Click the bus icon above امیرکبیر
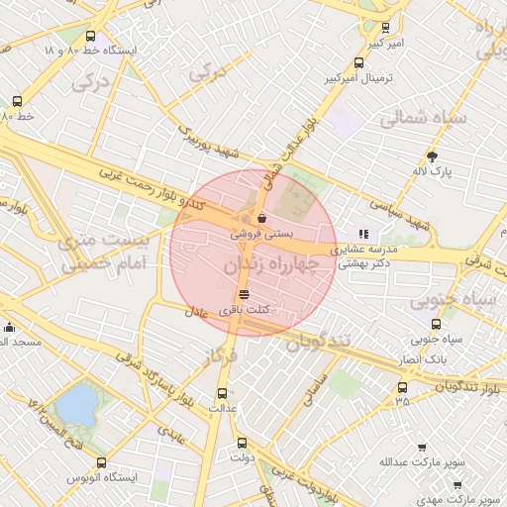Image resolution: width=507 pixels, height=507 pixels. pos(385,28)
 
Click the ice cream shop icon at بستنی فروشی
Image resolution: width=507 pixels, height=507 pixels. pos(262,218)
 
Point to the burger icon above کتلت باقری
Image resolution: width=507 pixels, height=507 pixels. pos(244,295)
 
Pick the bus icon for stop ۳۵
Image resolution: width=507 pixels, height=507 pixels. pos(402,386)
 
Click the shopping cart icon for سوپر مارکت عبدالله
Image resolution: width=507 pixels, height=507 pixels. pos(421,448)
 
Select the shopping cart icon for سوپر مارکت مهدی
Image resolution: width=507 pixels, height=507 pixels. pos(456,484)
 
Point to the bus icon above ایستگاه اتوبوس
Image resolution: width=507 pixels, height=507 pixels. pos(101,462)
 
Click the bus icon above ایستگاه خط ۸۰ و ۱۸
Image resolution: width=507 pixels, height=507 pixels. pos(91,36)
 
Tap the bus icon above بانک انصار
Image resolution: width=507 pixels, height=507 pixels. pos(436,324)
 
